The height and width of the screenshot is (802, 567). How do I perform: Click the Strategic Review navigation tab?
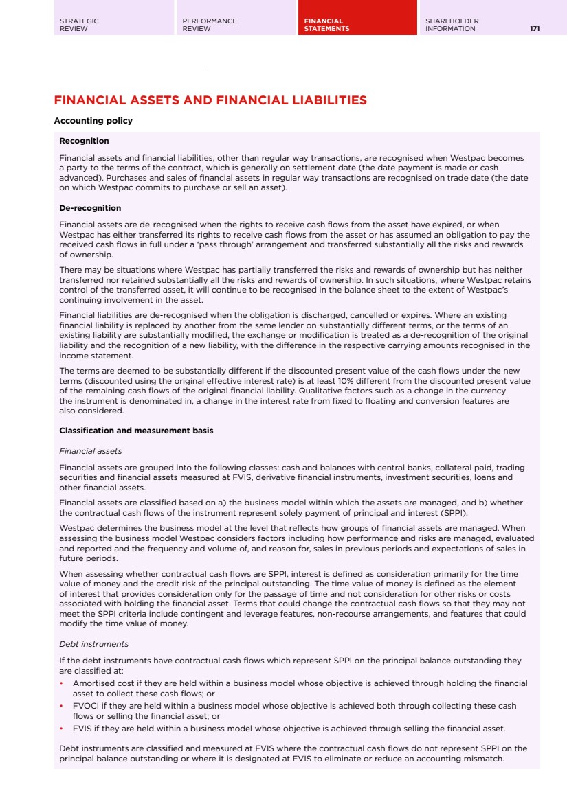click(x=79, y=25)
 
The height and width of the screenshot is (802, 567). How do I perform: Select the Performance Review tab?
click(x=210, y=25)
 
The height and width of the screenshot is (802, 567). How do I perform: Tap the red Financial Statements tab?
click(x=326, y=25)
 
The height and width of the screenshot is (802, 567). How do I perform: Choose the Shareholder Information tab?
click(x=452, y=25)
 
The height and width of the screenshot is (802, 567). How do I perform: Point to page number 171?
click(x=535, y=29)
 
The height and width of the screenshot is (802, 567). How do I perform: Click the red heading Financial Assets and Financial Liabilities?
click(x=210, y=100)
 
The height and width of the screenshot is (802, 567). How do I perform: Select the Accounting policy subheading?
click(x=93, y=121)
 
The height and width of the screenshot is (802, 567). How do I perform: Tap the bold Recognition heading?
click(x=84, y=141)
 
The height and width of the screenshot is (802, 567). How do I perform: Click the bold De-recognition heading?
click(x=90, y=208)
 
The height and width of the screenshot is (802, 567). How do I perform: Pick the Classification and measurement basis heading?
click(x=136, y=431)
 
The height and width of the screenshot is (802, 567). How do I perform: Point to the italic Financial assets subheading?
click(x=91, y=451)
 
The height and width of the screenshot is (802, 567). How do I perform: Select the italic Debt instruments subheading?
click(x=93, y=644)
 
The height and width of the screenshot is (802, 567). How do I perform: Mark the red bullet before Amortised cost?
click(x=62, y=683)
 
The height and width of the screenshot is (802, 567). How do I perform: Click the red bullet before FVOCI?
click(x=62, y=706)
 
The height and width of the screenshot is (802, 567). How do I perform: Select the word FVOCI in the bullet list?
click(x=85, y=706)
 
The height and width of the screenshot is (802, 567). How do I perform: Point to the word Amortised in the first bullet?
click(x=94, y=683)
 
